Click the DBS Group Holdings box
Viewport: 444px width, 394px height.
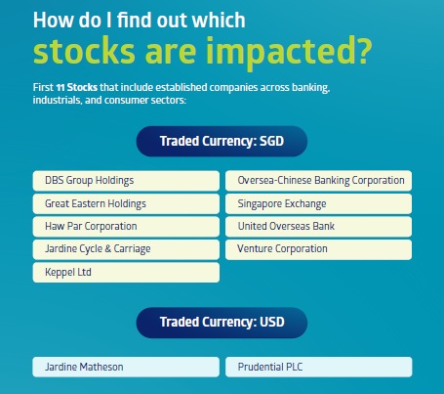click(x=126, y=181)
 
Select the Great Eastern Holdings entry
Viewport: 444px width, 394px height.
click(x=126, y=203)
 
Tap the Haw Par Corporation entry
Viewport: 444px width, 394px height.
click(x=126, y=227)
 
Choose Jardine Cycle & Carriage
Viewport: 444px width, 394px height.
click(x=126, y=249)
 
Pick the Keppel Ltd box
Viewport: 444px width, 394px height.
click(x=126, y=272)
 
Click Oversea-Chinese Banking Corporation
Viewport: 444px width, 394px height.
click(x=318, y=181)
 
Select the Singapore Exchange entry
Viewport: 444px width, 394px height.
click(x=318, y=203)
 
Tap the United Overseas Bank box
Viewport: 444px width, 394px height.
click(x=318, y=227)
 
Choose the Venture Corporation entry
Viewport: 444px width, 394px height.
click(x=318, y=249)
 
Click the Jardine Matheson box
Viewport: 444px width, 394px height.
click(x=126, y=367)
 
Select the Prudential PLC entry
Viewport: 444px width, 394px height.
click(x=318, y=367)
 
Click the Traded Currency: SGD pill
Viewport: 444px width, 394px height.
click(x=222, y=142)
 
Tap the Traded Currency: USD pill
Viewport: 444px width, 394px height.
click(x=222, y=323)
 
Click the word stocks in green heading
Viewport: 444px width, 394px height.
click(x=84, y=51)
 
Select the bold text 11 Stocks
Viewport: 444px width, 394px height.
click(x=77, y=87)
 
